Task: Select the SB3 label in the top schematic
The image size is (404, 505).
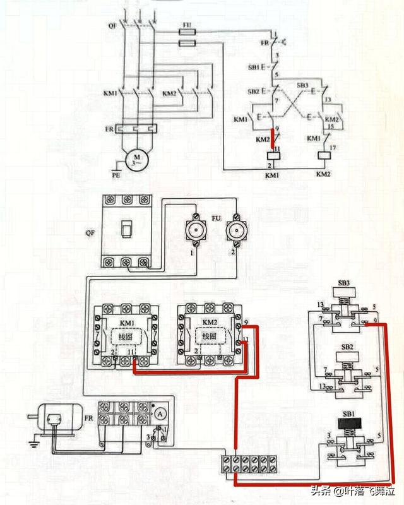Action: [x=303, y=85]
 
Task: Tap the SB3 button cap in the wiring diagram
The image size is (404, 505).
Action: [x=348, y=291]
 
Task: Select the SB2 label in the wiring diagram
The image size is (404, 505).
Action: [x=347, y=348]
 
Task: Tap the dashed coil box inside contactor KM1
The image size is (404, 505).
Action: [x=123, y=336]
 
